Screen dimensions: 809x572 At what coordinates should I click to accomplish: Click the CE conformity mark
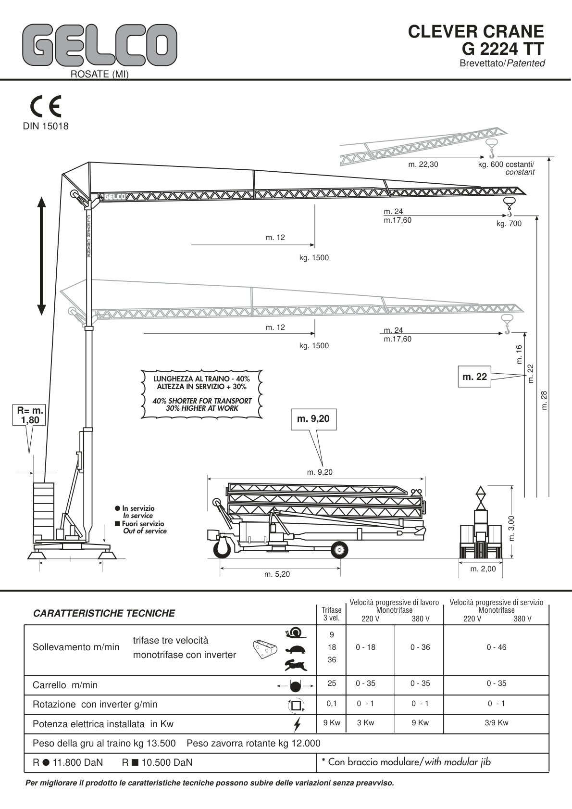point(46,107)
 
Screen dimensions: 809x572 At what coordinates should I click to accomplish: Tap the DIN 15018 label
point(46,126)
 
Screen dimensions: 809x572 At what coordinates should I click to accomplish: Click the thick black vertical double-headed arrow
point(42,256)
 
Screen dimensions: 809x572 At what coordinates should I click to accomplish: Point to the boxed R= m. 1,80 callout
point(30,415)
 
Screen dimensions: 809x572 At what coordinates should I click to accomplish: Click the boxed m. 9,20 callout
point(313,419)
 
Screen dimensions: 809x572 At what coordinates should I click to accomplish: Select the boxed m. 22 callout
point(474,377)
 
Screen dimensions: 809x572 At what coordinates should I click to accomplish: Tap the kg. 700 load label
point(509,223)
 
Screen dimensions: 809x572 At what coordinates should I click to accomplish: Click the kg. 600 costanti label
point(506,164)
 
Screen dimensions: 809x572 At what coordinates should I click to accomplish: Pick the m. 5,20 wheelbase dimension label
point(277,574)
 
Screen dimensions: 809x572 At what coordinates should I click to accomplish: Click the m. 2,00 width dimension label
point(483,569)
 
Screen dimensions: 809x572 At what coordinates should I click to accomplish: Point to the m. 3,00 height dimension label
point(511,528)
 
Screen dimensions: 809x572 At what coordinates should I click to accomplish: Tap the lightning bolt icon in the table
point(298,724)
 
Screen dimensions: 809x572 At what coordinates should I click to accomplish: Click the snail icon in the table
point(294,632)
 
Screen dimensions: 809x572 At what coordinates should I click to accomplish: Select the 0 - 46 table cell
point(496,647)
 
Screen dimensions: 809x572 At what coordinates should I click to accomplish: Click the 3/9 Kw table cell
point(496,722)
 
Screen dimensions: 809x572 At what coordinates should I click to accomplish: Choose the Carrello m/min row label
point(65,685)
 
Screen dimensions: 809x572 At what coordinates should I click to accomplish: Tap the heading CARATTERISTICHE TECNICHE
point(104,613)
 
